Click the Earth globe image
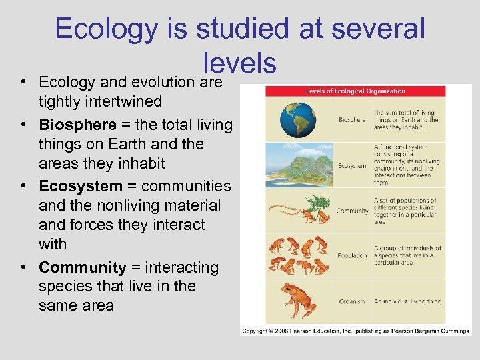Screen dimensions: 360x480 [298, 119]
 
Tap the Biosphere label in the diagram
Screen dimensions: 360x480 [351, 120]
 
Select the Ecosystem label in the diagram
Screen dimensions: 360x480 [351, 165]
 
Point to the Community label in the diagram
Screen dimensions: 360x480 [353, 211]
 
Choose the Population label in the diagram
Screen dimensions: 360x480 [352, 255]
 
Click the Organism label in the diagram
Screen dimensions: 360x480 [352, 301]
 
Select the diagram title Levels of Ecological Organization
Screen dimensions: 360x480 [355, 91]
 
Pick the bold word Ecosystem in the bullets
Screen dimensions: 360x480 [81, 186]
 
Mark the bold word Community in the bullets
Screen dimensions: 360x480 [82, 267]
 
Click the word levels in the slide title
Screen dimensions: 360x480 [240, 63]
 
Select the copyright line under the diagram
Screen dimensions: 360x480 [355, 331]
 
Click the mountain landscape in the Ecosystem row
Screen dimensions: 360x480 [299, 163]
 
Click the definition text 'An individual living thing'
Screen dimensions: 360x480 [407, 301]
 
